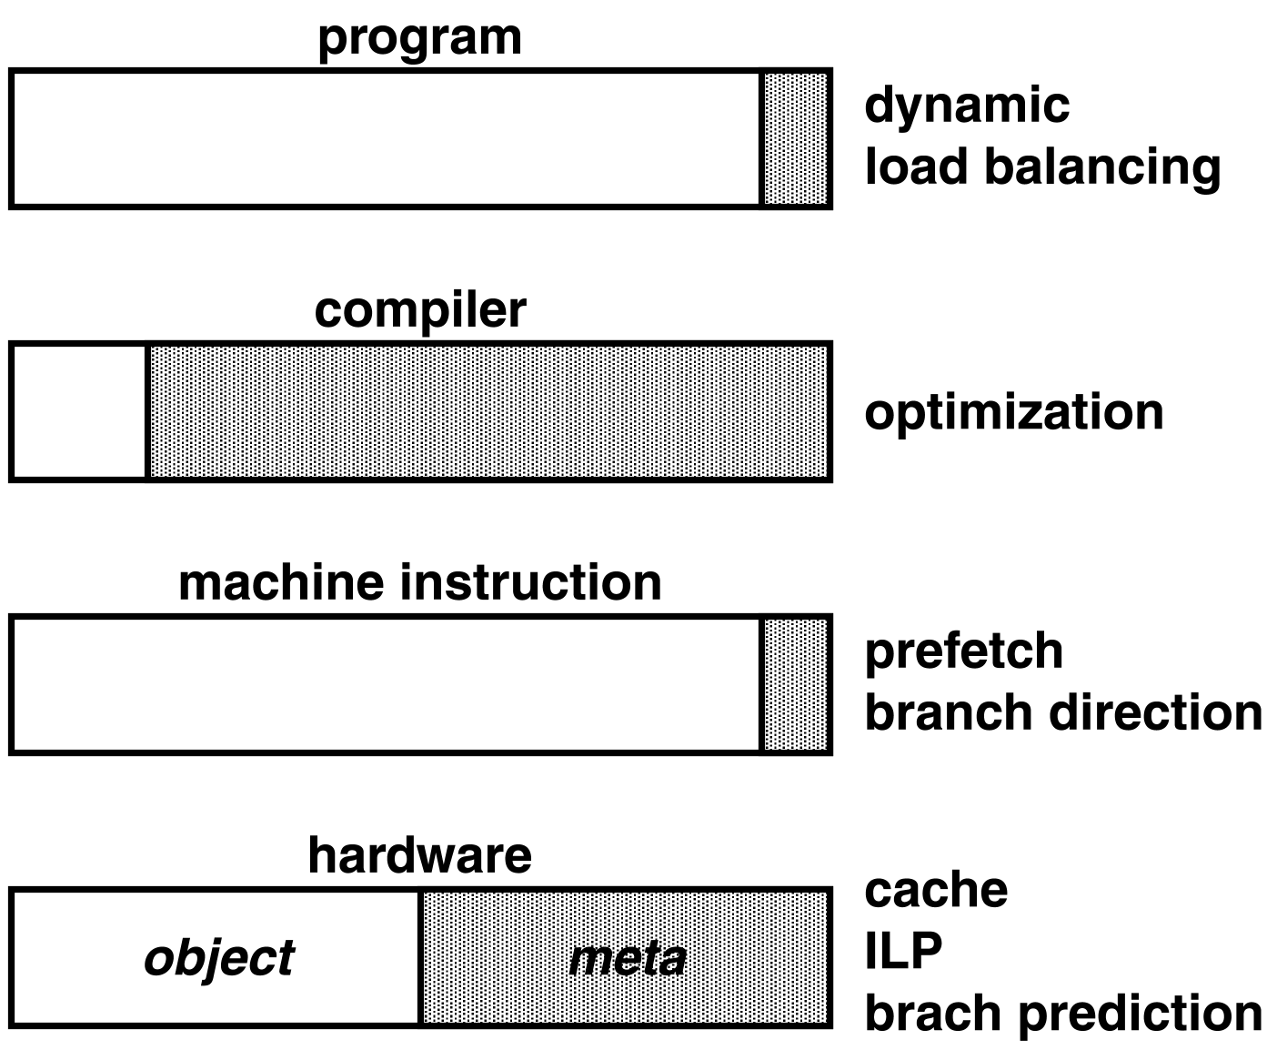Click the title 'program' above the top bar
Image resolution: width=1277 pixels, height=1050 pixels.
point(419,39)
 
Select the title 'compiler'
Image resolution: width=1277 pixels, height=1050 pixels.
point(419,310)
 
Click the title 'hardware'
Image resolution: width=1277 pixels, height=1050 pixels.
point(419,855)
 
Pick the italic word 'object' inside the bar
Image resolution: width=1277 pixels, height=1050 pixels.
point(219,958)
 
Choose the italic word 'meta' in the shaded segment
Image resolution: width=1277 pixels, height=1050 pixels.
point(627,959)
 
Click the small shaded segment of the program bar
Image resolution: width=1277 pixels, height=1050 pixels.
point(795,138)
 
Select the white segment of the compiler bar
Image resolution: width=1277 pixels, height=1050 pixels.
point(80,411)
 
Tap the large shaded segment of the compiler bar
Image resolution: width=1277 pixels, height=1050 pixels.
point(488,411)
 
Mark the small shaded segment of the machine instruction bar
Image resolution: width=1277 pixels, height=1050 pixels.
point(795,684)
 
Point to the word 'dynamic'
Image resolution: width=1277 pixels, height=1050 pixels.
point(966,106)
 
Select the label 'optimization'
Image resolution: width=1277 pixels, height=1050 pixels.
point(1013,412)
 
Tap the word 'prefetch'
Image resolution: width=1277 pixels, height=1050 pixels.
point(963,651)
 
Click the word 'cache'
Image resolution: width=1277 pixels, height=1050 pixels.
point(935,891)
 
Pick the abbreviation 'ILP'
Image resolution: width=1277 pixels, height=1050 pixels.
point(903,952)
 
